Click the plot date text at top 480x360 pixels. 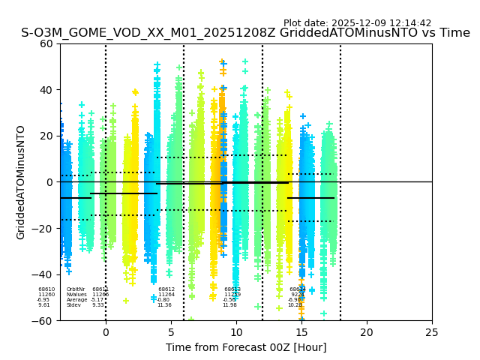pyautogui.click(x=357, y=23)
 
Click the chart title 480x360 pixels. pyautogui.click(x=245, y=33)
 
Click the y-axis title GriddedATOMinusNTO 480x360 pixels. pyautogui.click(x=21, y=182)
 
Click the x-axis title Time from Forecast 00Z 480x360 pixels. pyautogui.click(x=246, y=347)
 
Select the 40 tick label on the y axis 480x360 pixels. pyautogui.click(x=46, y=90)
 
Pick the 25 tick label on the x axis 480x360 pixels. pyautogui.click(x=432, y=331)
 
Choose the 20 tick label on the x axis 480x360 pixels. pyautogui.click(x=367, y=331)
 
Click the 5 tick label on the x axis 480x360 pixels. pyautogui.click(x=171, y=331)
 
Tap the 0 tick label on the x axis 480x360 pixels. pyautogui.click(x=106, y=331)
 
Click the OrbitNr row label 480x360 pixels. pyautogui.click(x=75, y=289)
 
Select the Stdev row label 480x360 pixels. pyautogui.click(x=73, y=305)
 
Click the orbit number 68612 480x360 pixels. pyautogui.click(x=166, y=289)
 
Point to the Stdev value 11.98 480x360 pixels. pyautogui.click(x=229, y=305)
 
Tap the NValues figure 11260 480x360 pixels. pyautogui.click(x=46, y=295)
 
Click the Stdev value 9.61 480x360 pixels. pyautogui.click(x=44, y=305)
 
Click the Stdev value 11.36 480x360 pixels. pyautogui.click(x=164, y=305)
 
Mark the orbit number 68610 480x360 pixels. pyautogui.click(x=46, y=289)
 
